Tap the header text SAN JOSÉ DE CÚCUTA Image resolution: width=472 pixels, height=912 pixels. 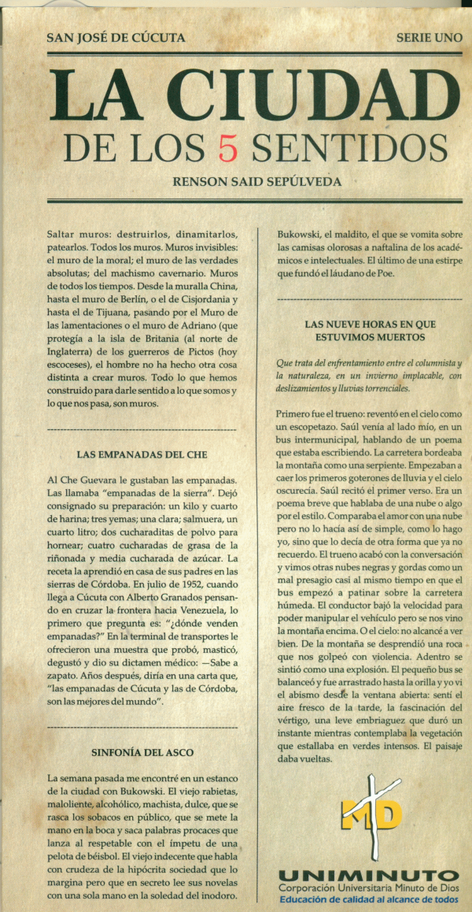(x=116, y=37)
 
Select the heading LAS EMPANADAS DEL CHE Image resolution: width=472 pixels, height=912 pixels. (x=142, y=454)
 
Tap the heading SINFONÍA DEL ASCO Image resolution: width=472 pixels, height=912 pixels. (x=142, y=752)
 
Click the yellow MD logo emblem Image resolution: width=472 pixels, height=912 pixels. (x=371, y=812)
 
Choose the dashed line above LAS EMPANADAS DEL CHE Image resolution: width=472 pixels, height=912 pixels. (x=142, y=430)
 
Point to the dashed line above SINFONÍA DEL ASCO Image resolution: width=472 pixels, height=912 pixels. (x=142, y=727)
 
